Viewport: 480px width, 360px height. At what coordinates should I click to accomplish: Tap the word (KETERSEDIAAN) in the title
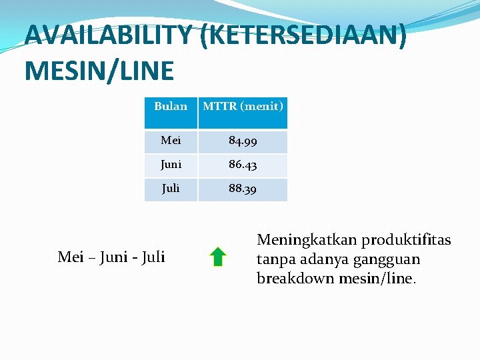pyautogui.click(x=303, y=36)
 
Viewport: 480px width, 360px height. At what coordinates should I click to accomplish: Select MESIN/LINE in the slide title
pyautogui.click(x=99, y=70)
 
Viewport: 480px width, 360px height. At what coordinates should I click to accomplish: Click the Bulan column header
pyautogui.click(x=171, y=106)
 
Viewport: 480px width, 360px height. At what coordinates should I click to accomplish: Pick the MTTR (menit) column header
pyautogui.click(x=243, y=106)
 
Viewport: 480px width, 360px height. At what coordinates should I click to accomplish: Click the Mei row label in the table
pyautogui.click(x=171, y=141)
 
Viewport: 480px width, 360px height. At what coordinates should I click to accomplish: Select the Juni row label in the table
pyautogui.click(x=171, y=165)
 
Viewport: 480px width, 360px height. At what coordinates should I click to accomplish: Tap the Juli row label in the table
pyautogui.click(x=171, y=189)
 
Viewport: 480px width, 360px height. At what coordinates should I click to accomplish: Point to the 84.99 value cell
pyautogui.click(x=243, y=141)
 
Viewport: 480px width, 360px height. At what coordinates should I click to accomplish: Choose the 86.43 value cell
pyautogui.click(x=243, y=165)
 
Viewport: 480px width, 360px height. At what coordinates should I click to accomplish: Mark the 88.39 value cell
pyautogui.click(x=243, y=189)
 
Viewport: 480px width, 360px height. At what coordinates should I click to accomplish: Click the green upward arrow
pyautogui.click(x=217, y=257)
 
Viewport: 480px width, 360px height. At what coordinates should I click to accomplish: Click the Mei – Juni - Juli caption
pyautogui.click(x=111, y=257)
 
